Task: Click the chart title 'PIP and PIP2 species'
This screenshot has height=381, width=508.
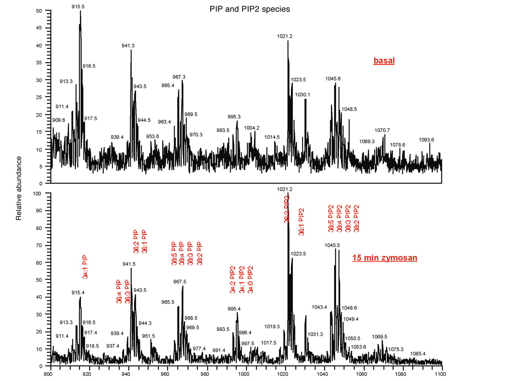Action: (x=250, y=9)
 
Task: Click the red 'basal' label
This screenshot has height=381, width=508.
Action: (x=384, y=61)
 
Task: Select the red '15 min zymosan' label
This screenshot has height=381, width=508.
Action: (x=385, y=258)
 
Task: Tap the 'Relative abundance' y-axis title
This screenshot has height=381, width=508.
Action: (x=19, y=188)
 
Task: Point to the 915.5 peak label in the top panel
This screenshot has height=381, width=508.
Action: (x=78, y=7)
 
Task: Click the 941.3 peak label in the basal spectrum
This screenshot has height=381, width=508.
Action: (x=128, y=46)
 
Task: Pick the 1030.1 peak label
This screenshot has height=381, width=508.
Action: (x=302, y=95)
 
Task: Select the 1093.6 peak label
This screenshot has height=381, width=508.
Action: (x=426, y=140)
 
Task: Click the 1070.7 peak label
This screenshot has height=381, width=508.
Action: (x=382, y=130)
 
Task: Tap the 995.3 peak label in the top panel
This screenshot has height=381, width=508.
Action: (x=234, y=117)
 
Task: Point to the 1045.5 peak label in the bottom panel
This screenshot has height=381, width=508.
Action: (x=332, y=245)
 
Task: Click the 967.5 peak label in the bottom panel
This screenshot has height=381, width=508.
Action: (x=180, y=282)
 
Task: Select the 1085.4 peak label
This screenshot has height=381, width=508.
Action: (x=418, y=354)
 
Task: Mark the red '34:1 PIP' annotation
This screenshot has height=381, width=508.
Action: (x=85, y=267)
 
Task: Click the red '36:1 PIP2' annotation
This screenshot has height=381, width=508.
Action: (x=301, y=222)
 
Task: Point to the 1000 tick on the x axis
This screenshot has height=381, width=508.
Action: (x=244, y=374)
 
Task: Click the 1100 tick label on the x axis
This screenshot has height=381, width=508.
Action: (x=440, y=374)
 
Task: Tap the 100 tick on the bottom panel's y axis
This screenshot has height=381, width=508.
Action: (x=37, y=193)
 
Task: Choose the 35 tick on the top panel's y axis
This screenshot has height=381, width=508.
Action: (x=38, y=63)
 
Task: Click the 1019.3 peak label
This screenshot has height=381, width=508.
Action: (x=272, y=327)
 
